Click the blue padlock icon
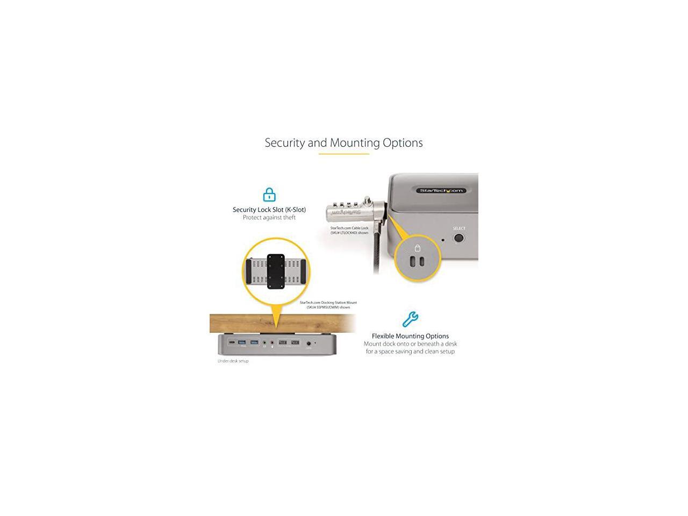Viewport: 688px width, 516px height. point(269,195)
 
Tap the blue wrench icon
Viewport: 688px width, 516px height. point(410,319)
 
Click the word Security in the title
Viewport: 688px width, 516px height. point(284,143)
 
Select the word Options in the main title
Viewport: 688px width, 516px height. point(403,143)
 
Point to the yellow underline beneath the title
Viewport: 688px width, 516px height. point(343,154)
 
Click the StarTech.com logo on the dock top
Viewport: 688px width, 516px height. point(440,190)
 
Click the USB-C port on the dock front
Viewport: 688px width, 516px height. point(231,342)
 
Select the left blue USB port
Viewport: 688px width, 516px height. point(241,342)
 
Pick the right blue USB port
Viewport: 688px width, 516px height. point(254,342)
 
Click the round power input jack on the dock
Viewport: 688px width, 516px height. point(309,343)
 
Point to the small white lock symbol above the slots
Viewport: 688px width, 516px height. point(417,248)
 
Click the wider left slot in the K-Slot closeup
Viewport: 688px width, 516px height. point(413,261)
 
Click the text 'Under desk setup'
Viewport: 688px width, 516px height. point(233,361)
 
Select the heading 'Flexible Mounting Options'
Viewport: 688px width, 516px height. point(410,336)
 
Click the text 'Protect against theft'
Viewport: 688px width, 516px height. point(269,218)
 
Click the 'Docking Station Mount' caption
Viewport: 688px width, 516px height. point(328,303)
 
